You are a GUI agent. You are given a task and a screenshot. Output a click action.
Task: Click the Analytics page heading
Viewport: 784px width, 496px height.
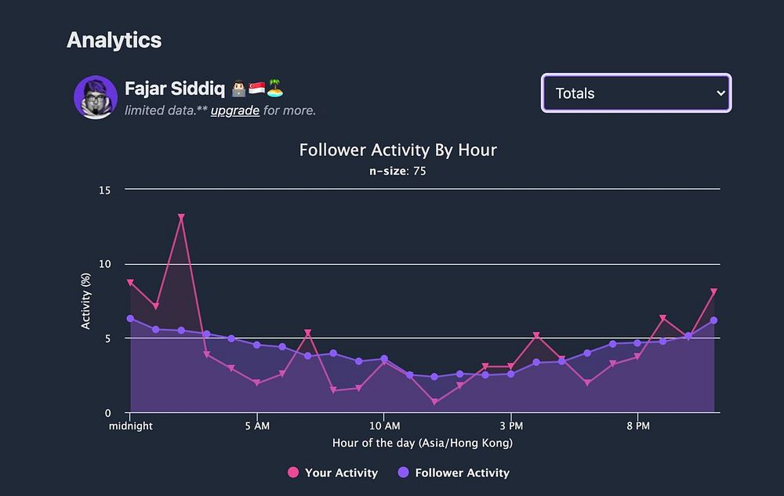click(114, 40)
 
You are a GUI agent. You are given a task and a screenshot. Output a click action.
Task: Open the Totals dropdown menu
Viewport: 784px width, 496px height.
click(636, 93)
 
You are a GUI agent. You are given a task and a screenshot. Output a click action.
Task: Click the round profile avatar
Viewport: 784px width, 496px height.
click(96, 98)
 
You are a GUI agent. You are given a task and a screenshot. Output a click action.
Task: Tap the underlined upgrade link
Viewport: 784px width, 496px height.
click(234, 110)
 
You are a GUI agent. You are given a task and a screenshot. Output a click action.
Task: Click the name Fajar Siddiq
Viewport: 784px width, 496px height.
click(174, 88)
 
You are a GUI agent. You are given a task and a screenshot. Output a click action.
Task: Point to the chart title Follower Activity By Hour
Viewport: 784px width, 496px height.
click(397, 150)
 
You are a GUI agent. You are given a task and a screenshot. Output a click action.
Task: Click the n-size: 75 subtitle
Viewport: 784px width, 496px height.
click(397, 171)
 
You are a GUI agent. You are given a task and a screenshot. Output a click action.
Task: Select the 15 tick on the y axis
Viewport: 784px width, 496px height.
click(105, 190)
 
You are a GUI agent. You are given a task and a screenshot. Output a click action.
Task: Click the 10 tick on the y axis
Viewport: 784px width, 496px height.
click(105, 264)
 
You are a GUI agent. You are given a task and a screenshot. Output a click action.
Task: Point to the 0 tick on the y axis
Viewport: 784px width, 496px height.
click(108, 413)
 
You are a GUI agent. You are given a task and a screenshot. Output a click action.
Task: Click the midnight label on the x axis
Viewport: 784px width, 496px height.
click(131, 426)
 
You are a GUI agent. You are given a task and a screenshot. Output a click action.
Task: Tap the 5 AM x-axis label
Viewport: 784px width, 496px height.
click(257, 426)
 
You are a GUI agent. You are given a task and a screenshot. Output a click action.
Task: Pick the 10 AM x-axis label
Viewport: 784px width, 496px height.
click(383, 426)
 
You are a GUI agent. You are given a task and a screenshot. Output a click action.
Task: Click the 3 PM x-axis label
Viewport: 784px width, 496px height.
click(510, 426)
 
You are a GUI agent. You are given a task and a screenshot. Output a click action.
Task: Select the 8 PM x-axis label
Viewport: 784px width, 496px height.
click(637, 426)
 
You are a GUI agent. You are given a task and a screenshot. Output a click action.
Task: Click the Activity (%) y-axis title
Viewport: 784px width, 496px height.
click(86, 302)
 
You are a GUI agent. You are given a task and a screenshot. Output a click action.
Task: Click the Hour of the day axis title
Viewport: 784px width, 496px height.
click(422, 444)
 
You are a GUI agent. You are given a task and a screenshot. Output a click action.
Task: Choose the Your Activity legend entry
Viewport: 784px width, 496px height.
click(332, 472)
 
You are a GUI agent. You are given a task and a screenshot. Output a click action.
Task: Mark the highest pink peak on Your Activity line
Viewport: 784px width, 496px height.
click(181, 217)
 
